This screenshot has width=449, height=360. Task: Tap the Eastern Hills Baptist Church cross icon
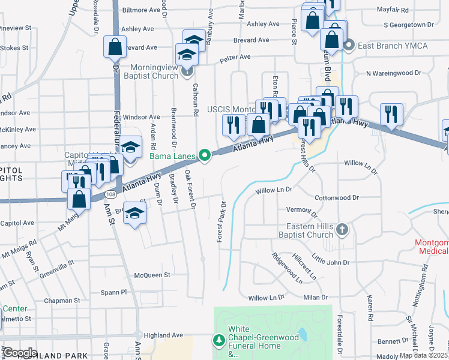point(342,229)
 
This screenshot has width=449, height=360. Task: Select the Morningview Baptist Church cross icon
point(187,72)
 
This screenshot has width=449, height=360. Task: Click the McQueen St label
point(152,275)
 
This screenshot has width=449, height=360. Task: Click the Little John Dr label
point(330,262)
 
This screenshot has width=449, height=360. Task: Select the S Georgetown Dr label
point(408,25)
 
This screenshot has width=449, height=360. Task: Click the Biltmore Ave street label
point(142,10)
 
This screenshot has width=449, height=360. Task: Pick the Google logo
point(20,353)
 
